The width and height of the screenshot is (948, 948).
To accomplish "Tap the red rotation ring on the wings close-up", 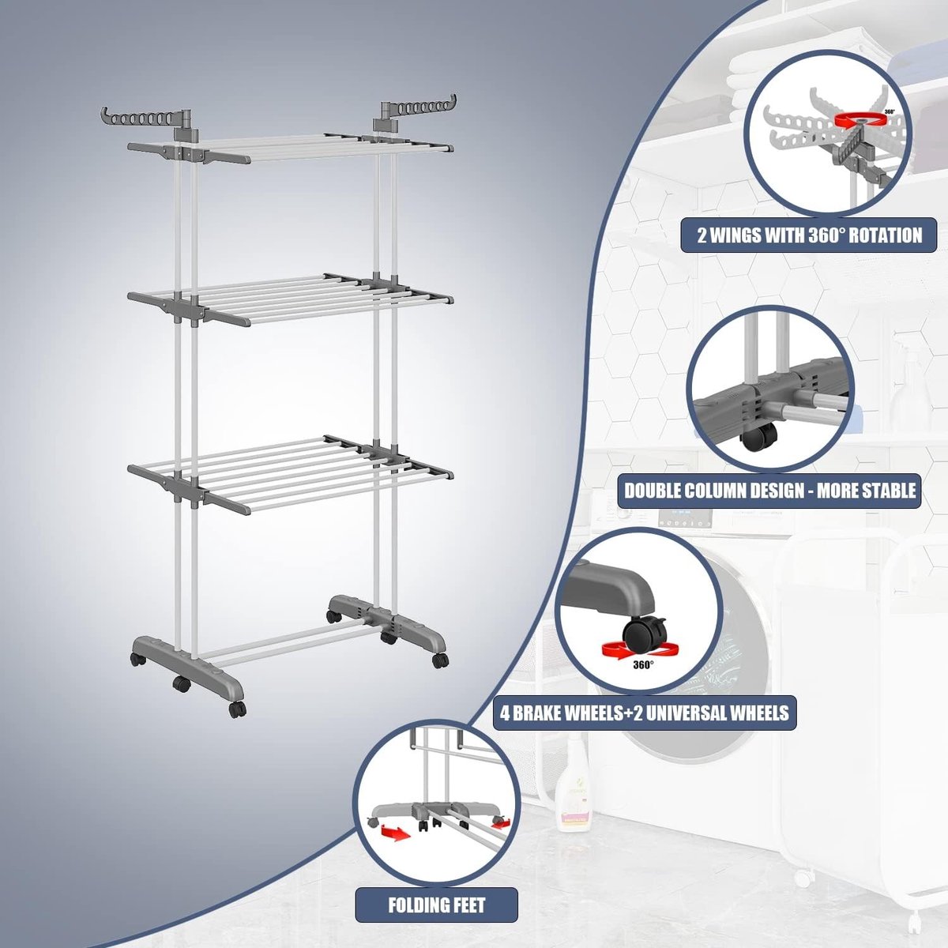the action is point(861,121).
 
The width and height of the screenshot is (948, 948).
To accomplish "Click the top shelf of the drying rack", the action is point(289,148).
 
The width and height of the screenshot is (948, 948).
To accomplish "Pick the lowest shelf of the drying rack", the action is point(289,474).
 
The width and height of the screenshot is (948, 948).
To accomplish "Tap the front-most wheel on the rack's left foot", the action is point(238,709).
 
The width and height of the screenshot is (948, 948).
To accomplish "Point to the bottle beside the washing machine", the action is point(574,781).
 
